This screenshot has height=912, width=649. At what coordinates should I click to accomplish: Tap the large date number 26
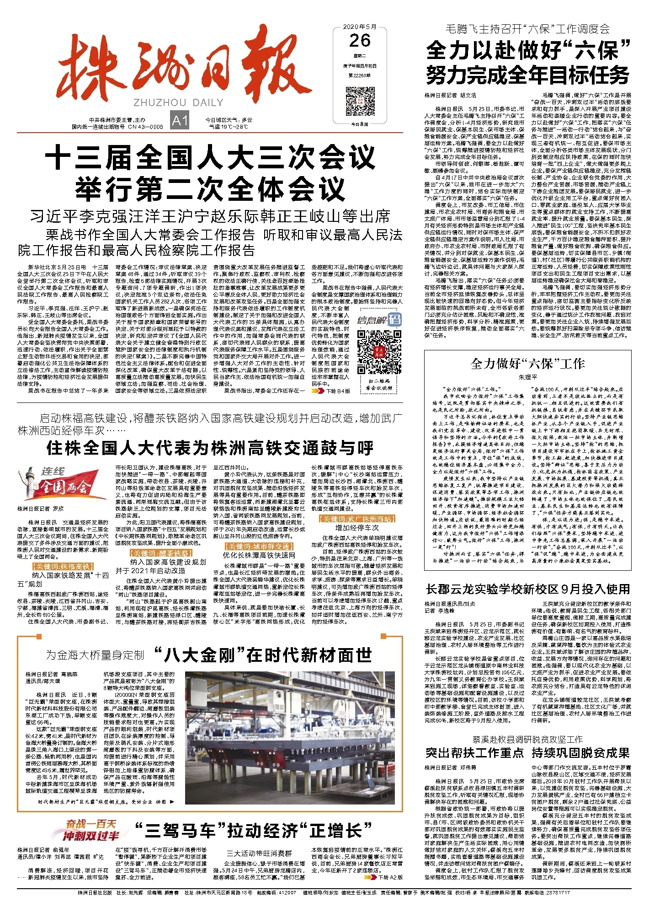coord(360,41)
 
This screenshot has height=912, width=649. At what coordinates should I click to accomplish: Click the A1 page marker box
coord(180,120)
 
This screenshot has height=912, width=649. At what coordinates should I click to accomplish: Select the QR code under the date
coord(360,100)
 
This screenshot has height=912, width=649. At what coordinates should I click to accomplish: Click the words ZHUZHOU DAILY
coord(178,102)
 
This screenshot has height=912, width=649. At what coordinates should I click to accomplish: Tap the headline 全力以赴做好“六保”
coord(528,50)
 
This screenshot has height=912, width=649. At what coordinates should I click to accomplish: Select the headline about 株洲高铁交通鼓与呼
coord(210,448)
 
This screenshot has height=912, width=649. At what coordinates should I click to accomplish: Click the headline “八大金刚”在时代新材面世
coord(263,654)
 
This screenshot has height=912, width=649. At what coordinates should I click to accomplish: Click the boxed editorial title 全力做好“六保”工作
coord(527,364)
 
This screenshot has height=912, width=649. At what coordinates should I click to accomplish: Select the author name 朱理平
coord(527,377)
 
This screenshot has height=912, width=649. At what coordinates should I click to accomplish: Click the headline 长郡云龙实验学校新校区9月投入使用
coord(528,589)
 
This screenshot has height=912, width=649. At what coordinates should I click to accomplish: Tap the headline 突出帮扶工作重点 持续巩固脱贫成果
coord(528,753)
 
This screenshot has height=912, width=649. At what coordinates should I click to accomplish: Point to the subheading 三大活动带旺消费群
coord(259,853)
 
